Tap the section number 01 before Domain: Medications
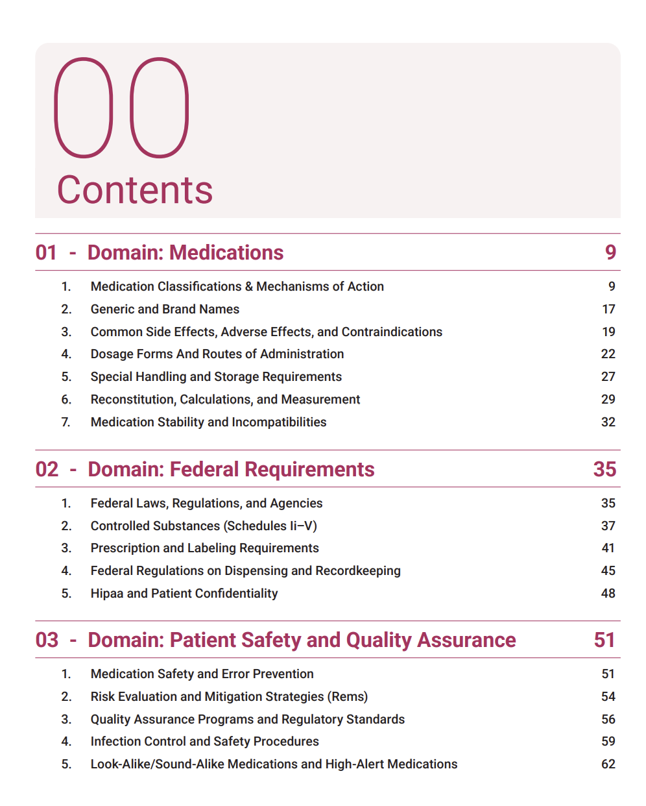46,252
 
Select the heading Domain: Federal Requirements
231,469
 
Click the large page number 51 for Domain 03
604,640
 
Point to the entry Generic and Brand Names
165,309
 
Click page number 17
608,309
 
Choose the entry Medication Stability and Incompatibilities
208,422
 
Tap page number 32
608,422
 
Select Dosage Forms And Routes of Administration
217,354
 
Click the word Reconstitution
133,399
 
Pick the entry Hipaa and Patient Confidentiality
184,593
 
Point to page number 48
608,593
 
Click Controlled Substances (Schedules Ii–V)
204,526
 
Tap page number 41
608,548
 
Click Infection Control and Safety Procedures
205,741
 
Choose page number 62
608,764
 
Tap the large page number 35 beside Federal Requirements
604,469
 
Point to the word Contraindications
392,332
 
